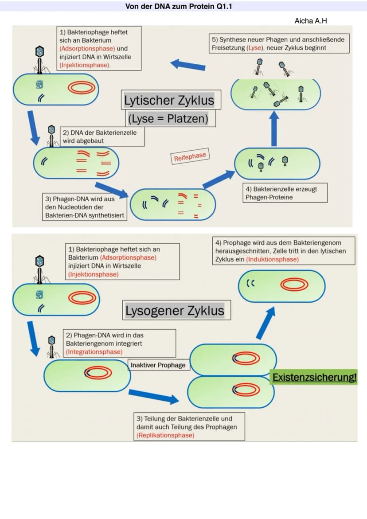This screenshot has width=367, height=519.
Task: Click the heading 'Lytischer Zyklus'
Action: coord(169,100)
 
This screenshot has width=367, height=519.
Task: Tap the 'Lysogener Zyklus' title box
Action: coord(176,310)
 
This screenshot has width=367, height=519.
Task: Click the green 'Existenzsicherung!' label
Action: coord(314,377)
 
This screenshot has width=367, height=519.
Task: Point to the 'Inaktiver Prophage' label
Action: coord(158,365)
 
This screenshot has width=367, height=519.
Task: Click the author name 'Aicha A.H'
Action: coord(310,21)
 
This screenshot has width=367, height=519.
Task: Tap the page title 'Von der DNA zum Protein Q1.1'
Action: coord(179,6)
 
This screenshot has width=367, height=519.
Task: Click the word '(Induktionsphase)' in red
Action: coord(272,259)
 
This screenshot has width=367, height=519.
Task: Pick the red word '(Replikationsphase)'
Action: coord(165,435)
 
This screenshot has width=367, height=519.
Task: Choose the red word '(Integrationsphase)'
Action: coord(94,351)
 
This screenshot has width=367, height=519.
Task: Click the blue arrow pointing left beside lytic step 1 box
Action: coord(188,65)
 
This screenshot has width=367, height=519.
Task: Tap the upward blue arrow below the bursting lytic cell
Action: coord(274,129)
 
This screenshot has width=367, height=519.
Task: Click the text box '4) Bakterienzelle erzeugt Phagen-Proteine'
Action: coord(285,193)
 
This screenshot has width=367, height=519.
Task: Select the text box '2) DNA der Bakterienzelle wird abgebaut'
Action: coord(102,137)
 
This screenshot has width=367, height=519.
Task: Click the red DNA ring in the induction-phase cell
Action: coord(294,285)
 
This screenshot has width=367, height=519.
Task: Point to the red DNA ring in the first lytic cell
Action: coord(82,88)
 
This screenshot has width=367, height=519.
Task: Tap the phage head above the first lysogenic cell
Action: coord(40,261)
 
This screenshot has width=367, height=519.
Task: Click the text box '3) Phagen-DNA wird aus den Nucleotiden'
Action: coord(85,207)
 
